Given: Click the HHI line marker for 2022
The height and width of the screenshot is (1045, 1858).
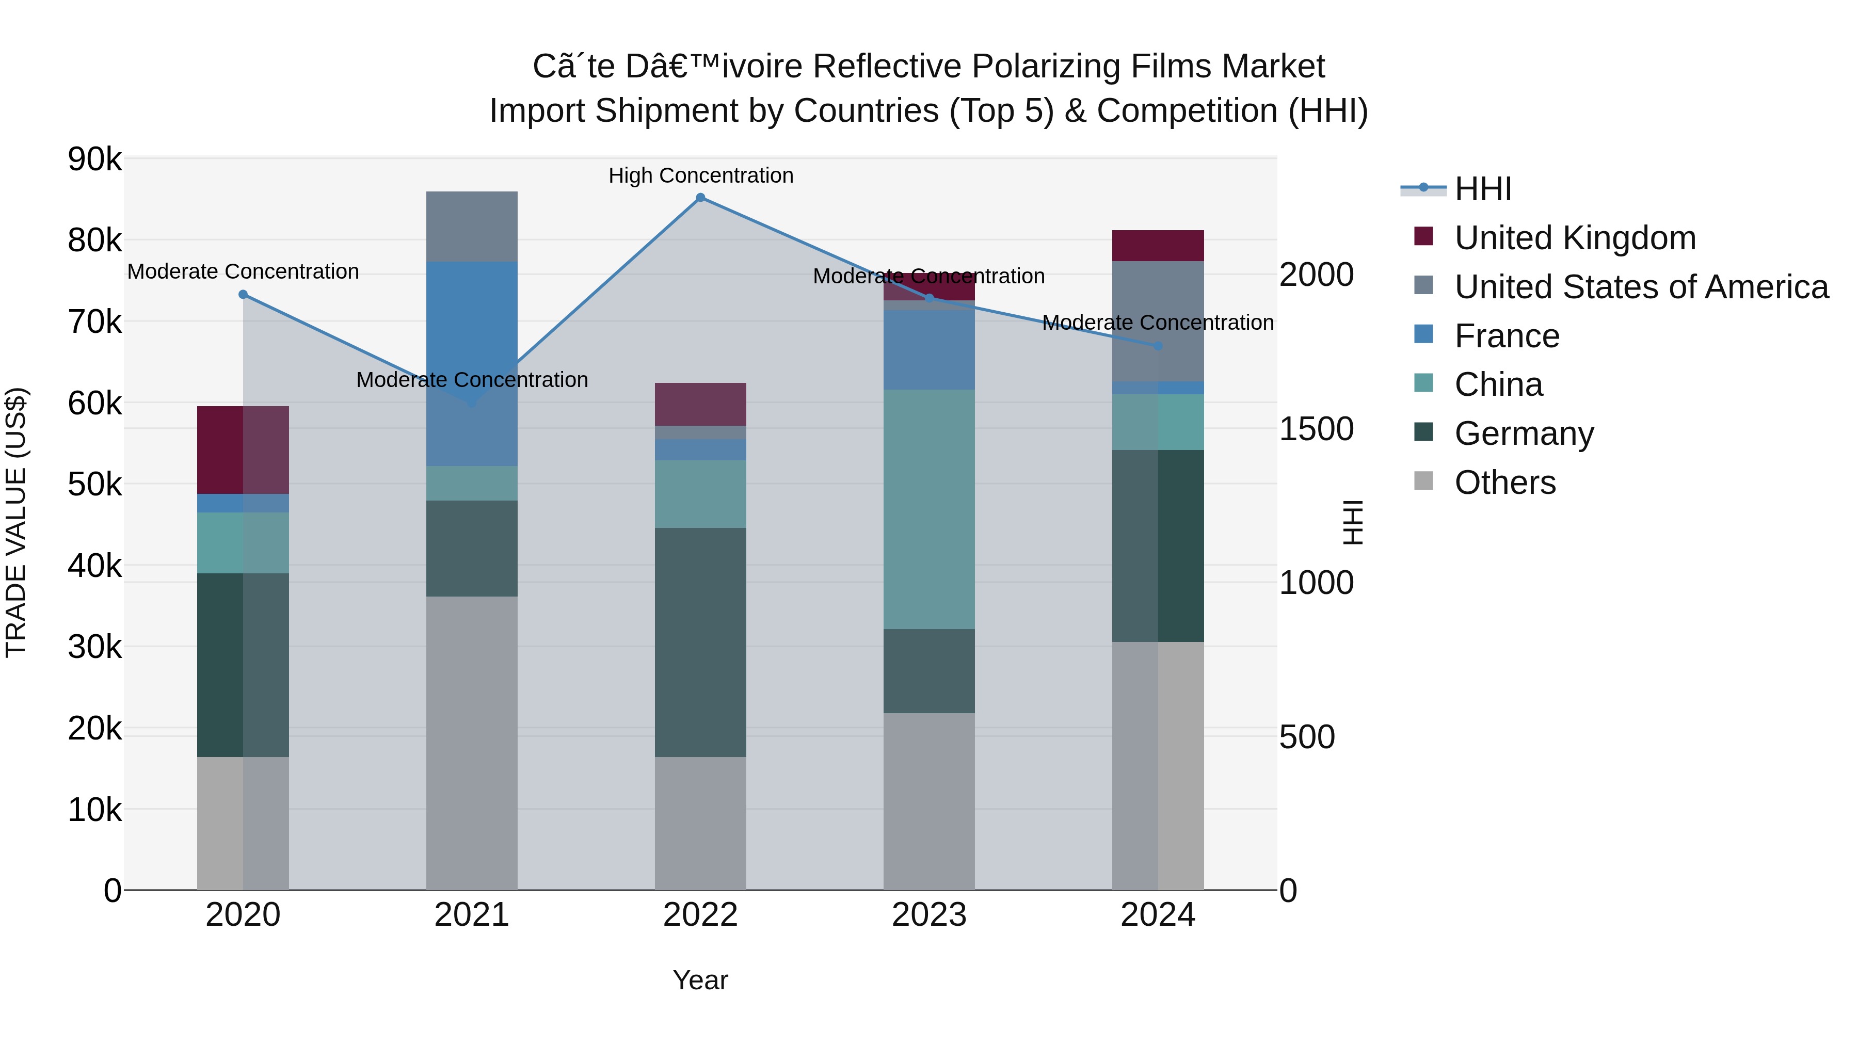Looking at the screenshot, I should click(x=700, y=198).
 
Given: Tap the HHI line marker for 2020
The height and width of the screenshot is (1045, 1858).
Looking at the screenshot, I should click(x=243, y=294).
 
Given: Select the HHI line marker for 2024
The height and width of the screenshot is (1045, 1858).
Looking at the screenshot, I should click(x=1158, y=346).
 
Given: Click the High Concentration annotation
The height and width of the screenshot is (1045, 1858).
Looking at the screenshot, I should click(x=700, y=175).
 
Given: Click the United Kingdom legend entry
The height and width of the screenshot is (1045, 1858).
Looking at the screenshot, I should click(x=1575, y=238).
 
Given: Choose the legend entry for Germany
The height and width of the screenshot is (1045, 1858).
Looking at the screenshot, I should click(x=1524, y=433).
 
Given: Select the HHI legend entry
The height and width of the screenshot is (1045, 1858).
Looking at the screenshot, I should click(x=1482, y=189).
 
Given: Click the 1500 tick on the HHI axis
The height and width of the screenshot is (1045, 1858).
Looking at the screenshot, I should click(x=1316, y=429).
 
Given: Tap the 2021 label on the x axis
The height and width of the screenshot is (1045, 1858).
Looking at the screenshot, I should click(x=472, y=915).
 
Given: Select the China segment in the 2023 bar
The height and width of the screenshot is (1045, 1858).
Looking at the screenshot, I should click(x=929, y=509).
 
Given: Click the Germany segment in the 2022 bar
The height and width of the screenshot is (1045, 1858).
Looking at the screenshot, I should click(x=700, y=642).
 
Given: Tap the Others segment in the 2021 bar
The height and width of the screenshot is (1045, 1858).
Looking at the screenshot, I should click(x=472, y=743).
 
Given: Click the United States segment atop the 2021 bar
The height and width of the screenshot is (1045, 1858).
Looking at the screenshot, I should click(x=472, y=227).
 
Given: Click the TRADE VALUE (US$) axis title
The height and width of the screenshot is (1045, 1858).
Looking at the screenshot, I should click(x=16, y=522).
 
